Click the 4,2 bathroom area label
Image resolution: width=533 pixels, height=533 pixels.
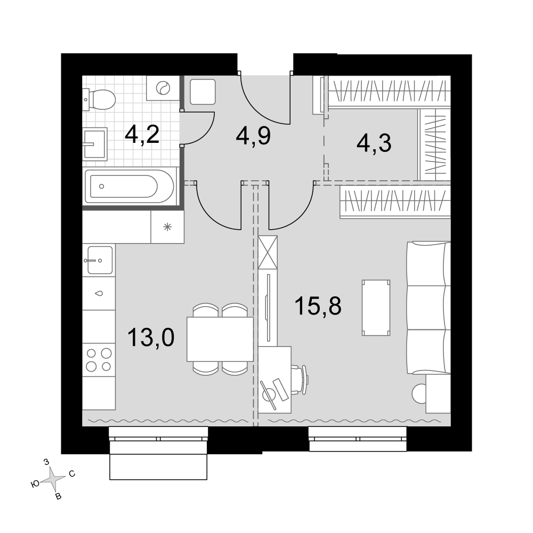point(142,135)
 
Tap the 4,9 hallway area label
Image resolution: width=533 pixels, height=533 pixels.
point(253,136)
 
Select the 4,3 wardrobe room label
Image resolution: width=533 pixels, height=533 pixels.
point(374,143)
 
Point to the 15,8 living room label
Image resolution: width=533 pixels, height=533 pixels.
point(318,305)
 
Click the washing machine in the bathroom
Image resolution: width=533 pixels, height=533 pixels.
point(163,88)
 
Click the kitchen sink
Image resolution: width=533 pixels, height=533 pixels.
point(100,260)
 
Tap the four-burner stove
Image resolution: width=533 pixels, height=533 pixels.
point(99,360)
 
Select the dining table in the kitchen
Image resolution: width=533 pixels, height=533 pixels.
point(220,339)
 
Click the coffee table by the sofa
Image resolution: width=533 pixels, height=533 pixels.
point(376,308)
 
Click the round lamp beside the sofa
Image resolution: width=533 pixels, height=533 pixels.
point(419,394)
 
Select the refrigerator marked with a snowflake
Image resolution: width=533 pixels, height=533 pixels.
point(167,227)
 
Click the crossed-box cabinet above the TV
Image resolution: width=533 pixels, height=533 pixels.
point(268,252)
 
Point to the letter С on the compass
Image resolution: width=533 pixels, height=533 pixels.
point(72,473)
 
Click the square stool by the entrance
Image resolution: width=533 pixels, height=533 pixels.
point(203,92)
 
